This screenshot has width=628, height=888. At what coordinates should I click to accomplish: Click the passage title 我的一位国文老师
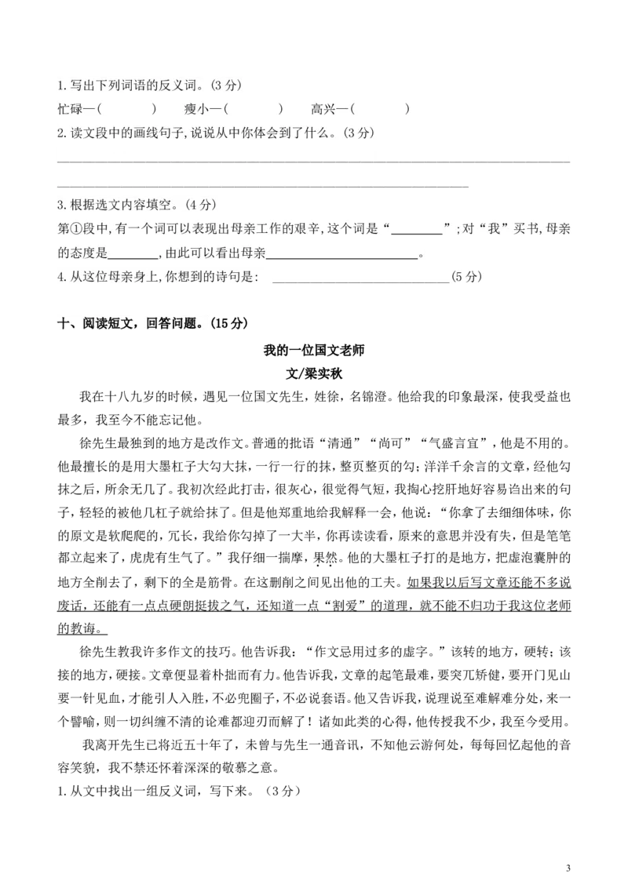pos(313,350)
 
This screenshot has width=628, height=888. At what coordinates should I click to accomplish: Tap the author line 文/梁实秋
pos(313,373)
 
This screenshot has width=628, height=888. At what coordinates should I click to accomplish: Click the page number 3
pos(568,868)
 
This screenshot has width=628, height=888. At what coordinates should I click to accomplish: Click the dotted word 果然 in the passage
pos(326,559)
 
